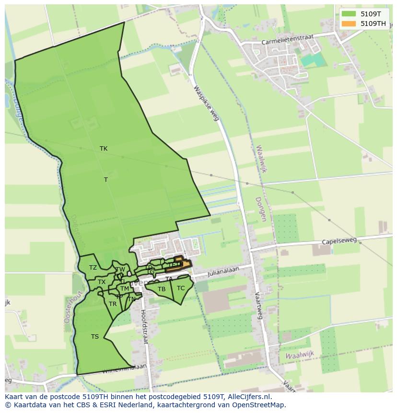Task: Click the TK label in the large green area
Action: pyautogui.click(x=104, y=149)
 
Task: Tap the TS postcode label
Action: pyautogui.click(x=95, y=337)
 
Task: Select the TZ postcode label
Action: pyautogui.click(x=93, y=268)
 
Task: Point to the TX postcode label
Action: pyautogui.click(x=102, y=282)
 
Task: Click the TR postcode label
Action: pyautogui.click(x=113, y=304)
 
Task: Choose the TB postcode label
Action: pyautogui.click(x=162, y=289)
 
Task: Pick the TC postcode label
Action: pyautogui.click(x=181, y=288)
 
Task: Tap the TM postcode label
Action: pyautogui.click(x=125, y=289)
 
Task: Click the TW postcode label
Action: pyautogui.click(x=120, y=270)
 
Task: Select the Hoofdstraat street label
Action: pyautogui.click(x=144, y=326)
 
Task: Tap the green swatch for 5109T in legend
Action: pyautogui.click(x=349, y=14)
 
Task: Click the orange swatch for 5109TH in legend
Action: pyautogui.click(x=349, y=24)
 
